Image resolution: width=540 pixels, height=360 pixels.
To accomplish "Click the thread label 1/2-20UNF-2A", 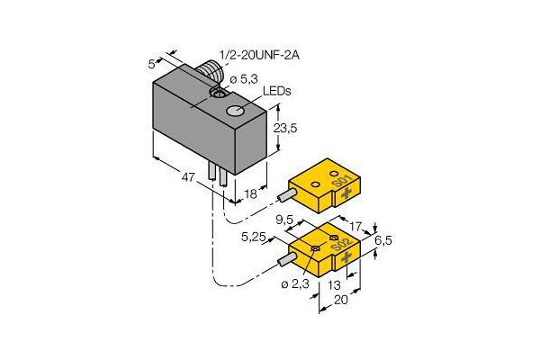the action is coord(259,56).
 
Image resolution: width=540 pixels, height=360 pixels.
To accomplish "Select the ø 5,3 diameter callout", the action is coord(243,79).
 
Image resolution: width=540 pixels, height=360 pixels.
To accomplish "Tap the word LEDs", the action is coord(277,91).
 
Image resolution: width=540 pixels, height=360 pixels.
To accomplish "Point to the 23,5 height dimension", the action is coord(285,128).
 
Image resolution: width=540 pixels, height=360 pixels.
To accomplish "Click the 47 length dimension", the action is coord(188,177).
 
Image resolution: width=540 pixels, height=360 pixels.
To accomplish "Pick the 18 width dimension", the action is coord(250,194).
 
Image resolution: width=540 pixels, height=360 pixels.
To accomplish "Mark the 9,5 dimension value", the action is coord(284,220).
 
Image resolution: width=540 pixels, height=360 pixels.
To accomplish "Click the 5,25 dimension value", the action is coord(255,237).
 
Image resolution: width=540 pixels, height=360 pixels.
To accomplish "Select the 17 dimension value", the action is coord(355,226).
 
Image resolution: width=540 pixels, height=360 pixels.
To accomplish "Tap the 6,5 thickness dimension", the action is coord(383,240).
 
